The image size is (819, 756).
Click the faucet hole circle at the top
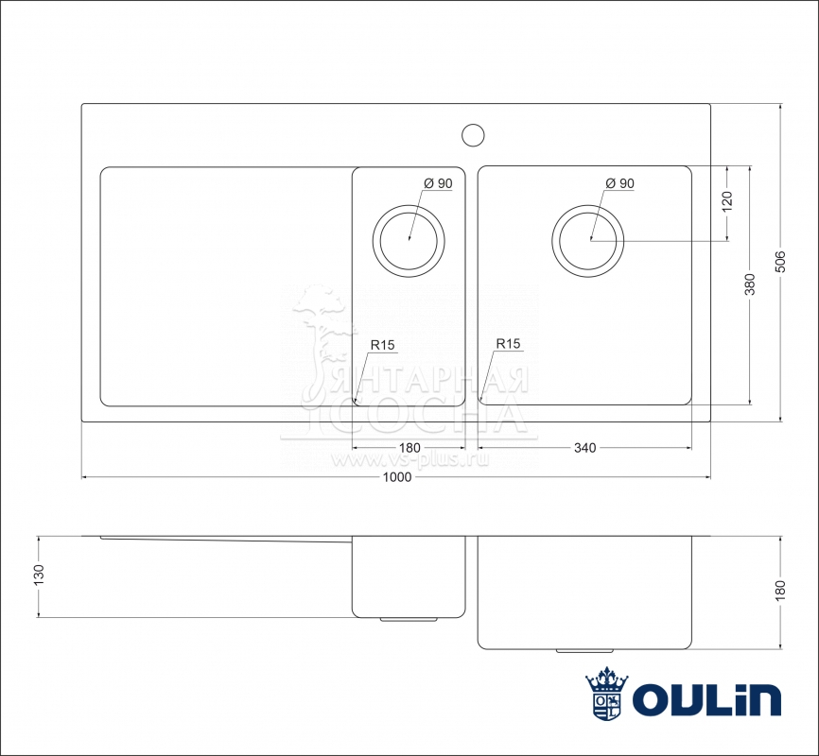(473, 135)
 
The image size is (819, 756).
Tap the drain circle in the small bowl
(409, 241)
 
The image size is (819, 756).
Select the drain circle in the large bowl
(587, 241)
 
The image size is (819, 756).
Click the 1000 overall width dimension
(397, 477)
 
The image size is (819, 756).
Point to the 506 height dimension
(780, 262)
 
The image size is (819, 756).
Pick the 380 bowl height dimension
(750, 285)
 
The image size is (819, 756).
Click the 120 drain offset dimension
(727, 202)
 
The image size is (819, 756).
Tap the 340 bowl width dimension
(585, 448)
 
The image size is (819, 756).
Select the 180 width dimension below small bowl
(409, 448)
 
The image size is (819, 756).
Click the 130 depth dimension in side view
(39, 576)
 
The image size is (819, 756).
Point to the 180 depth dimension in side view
(780, 591)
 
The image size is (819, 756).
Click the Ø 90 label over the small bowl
(438, 183)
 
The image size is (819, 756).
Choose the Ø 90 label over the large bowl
(619, 183)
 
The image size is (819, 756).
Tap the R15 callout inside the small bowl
(382, 345)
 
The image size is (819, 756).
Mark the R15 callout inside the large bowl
(508, 344)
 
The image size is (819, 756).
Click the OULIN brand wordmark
(706, 699)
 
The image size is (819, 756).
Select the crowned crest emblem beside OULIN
(606, 694)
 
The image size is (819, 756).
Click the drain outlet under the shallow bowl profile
(409, 619)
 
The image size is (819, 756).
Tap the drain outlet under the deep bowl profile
(585, 650)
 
